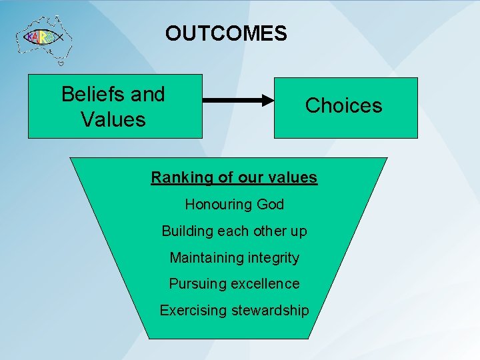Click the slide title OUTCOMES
[226, 33]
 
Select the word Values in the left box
[113, 119]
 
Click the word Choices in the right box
[343, 105]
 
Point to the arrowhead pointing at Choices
[267, 101]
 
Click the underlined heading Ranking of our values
[234, 177]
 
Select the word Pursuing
[197, 284]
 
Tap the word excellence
[265, 284]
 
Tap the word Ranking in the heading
[176, 177]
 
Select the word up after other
[298, 231]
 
